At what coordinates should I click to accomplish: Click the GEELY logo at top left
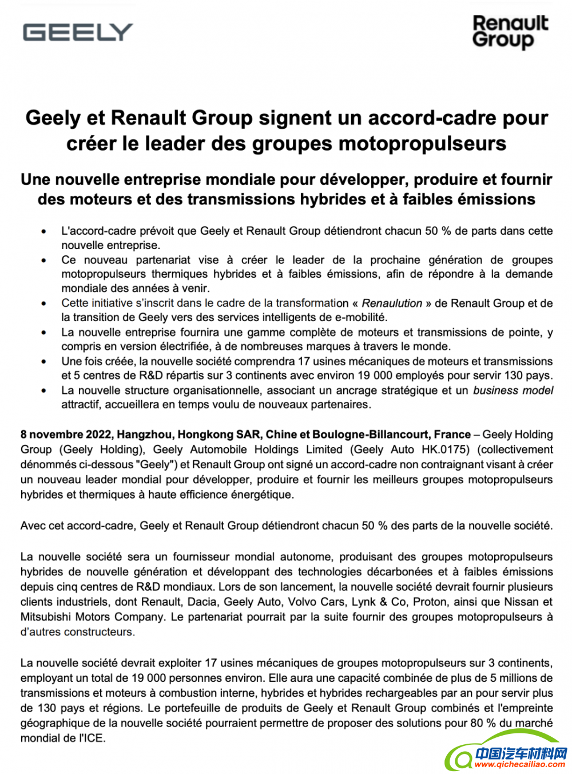78,32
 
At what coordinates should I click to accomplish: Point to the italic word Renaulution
392,303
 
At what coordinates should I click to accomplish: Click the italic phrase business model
513,390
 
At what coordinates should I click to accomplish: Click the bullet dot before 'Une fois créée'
43,362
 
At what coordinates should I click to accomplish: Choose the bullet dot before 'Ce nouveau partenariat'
43,260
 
